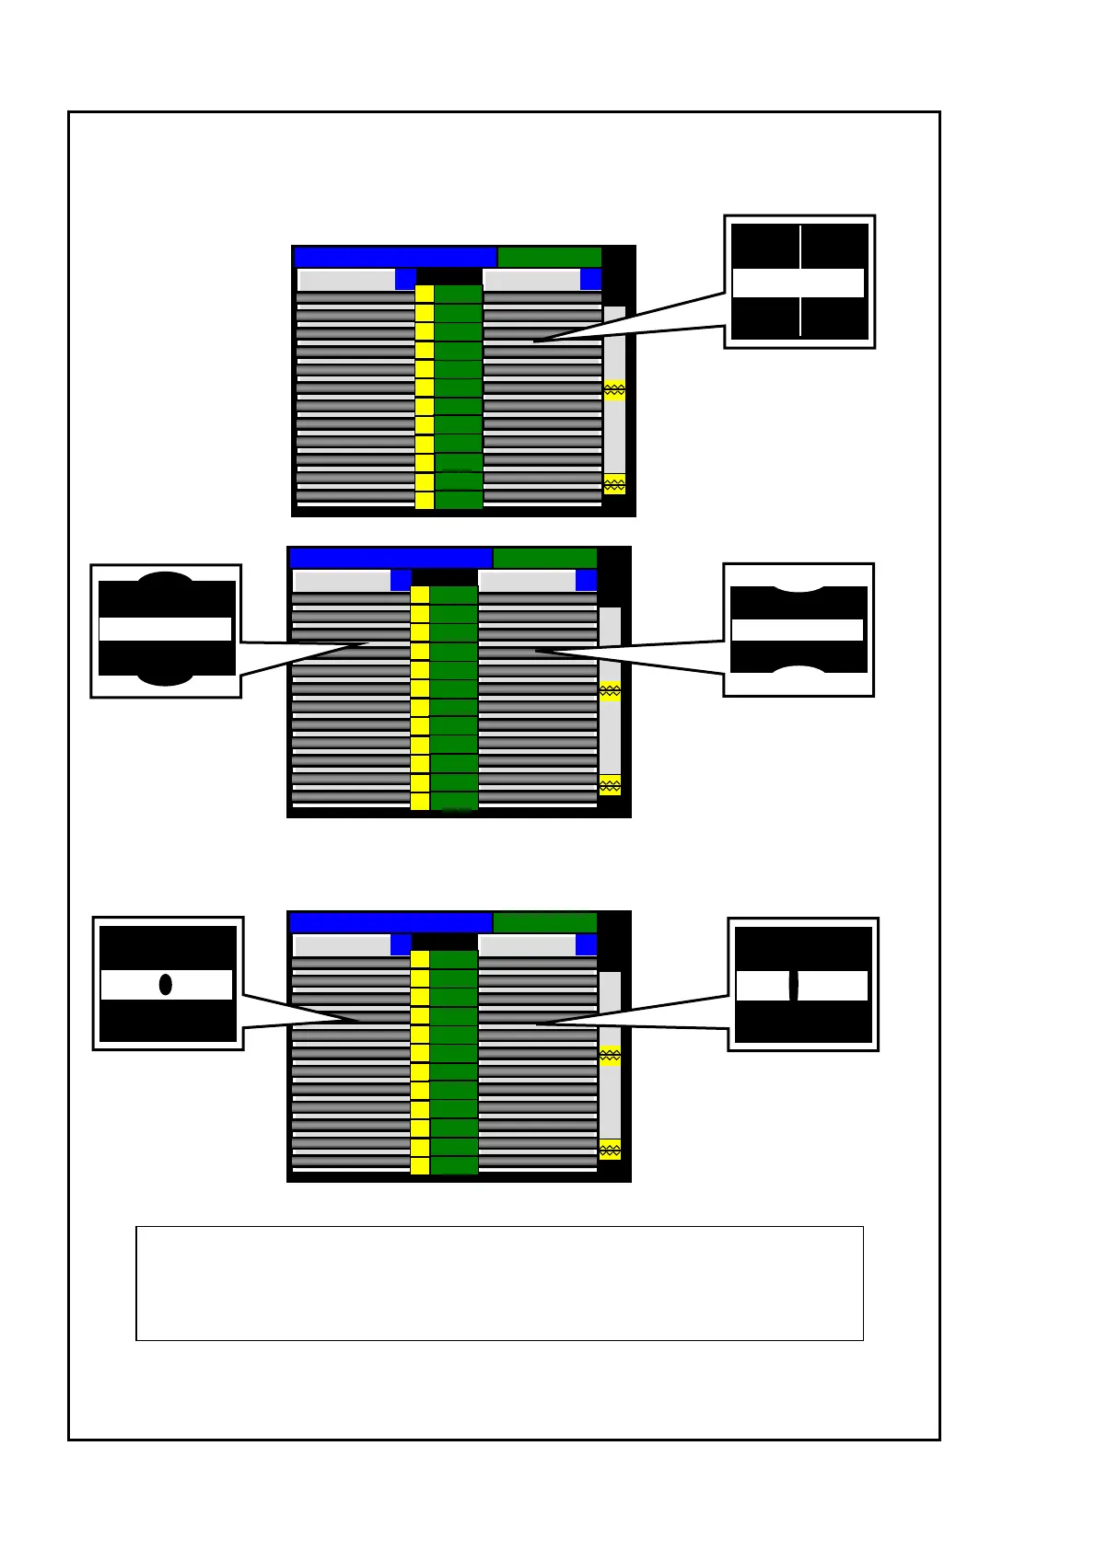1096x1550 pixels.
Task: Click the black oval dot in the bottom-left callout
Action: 166,984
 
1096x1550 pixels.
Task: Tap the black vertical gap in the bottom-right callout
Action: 793,985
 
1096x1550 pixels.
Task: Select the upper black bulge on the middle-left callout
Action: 166,578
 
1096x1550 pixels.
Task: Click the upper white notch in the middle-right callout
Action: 799,586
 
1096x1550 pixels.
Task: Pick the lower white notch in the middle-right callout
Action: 799,669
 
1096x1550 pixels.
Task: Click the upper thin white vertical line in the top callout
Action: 799,246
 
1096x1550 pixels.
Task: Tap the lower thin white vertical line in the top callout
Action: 799,318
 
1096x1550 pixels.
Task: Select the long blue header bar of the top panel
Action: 395,257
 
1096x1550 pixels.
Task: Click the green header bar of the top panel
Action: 549,257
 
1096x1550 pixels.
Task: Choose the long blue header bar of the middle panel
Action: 391,558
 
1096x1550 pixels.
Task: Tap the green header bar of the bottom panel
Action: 544,922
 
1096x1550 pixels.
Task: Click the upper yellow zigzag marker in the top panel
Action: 614,390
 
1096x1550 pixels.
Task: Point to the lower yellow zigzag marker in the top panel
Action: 614,484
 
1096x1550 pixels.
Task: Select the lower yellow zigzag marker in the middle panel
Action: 610,785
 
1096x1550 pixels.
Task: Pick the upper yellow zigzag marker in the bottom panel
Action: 610,1056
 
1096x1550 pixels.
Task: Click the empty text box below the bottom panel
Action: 499,1282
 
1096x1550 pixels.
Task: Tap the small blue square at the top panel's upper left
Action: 405,279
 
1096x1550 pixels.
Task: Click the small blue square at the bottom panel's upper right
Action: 586,944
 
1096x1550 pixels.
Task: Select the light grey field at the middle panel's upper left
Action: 342,581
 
